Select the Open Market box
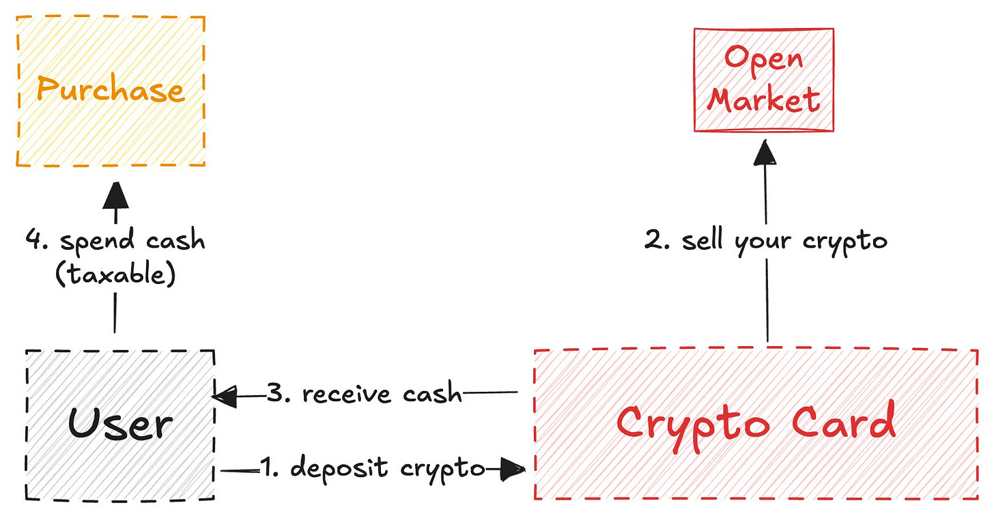(763, 79)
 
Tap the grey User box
(120, 424)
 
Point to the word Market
(763, 100)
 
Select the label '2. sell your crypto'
(765, 242)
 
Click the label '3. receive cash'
(364, 395)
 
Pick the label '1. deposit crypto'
(372, 469)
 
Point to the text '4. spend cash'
(115, 241)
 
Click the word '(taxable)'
(115, 274)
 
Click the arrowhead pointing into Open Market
(765, 152)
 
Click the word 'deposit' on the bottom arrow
(335, 469)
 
